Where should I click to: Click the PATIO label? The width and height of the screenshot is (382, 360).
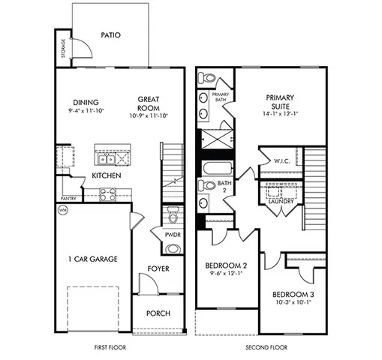[110, 34]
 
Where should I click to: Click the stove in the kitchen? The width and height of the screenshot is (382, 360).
[107, 193]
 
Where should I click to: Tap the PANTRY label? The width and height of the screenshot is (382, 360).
[69, 199]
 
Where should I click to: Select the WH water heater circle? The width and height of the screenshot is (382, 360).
[62, 211]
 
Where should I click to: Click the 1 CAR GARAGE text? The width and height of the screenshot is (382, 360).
[92, 259]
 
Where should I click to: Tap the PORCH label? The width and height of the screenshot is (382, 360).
[158, 313]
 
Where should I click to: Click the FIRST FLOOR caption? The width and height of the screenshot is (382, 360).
[110, 349]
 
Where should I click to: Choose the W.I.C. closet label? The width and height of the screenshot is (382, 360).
[282, 160]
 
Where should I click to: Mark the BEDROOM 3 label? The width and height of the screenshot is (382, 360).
[293, 293]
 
